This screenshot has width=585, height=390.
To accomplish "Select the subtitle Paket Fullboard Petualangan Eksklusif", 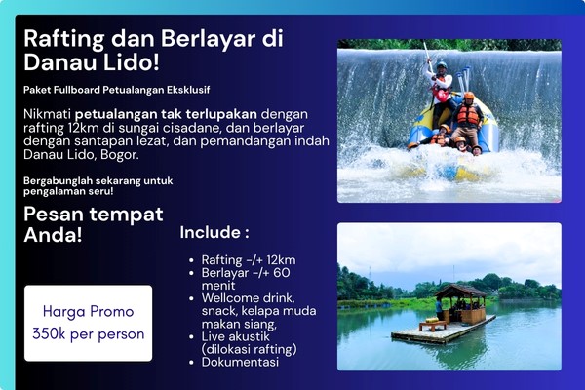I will (116, 91).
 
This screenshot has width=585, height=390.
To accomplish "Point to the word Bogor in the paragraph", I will (119, 154).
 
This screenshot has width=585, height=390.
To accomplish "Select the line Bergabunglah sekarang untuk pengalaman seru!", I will (92, 185).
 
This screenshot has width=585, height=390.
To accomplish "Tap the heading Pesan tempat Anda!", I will (93, 224).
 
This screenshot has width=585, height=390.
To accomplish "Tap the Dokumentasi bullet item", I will (240, 362).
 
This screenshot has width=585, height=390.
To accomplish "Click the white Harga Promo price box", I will (88, 323).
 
